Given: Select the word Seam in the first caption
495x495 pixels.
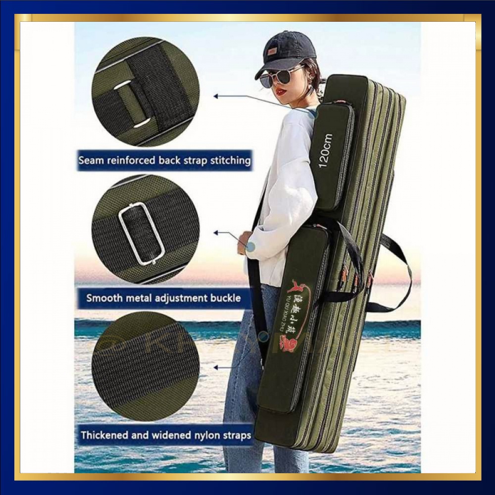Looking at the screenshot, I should click(90, 160).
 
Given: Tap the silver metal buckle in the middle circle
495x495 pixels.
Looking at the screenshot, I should click(142, 233).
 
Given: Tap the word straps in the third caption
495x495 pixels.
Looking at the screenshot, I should click(238, 436).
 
